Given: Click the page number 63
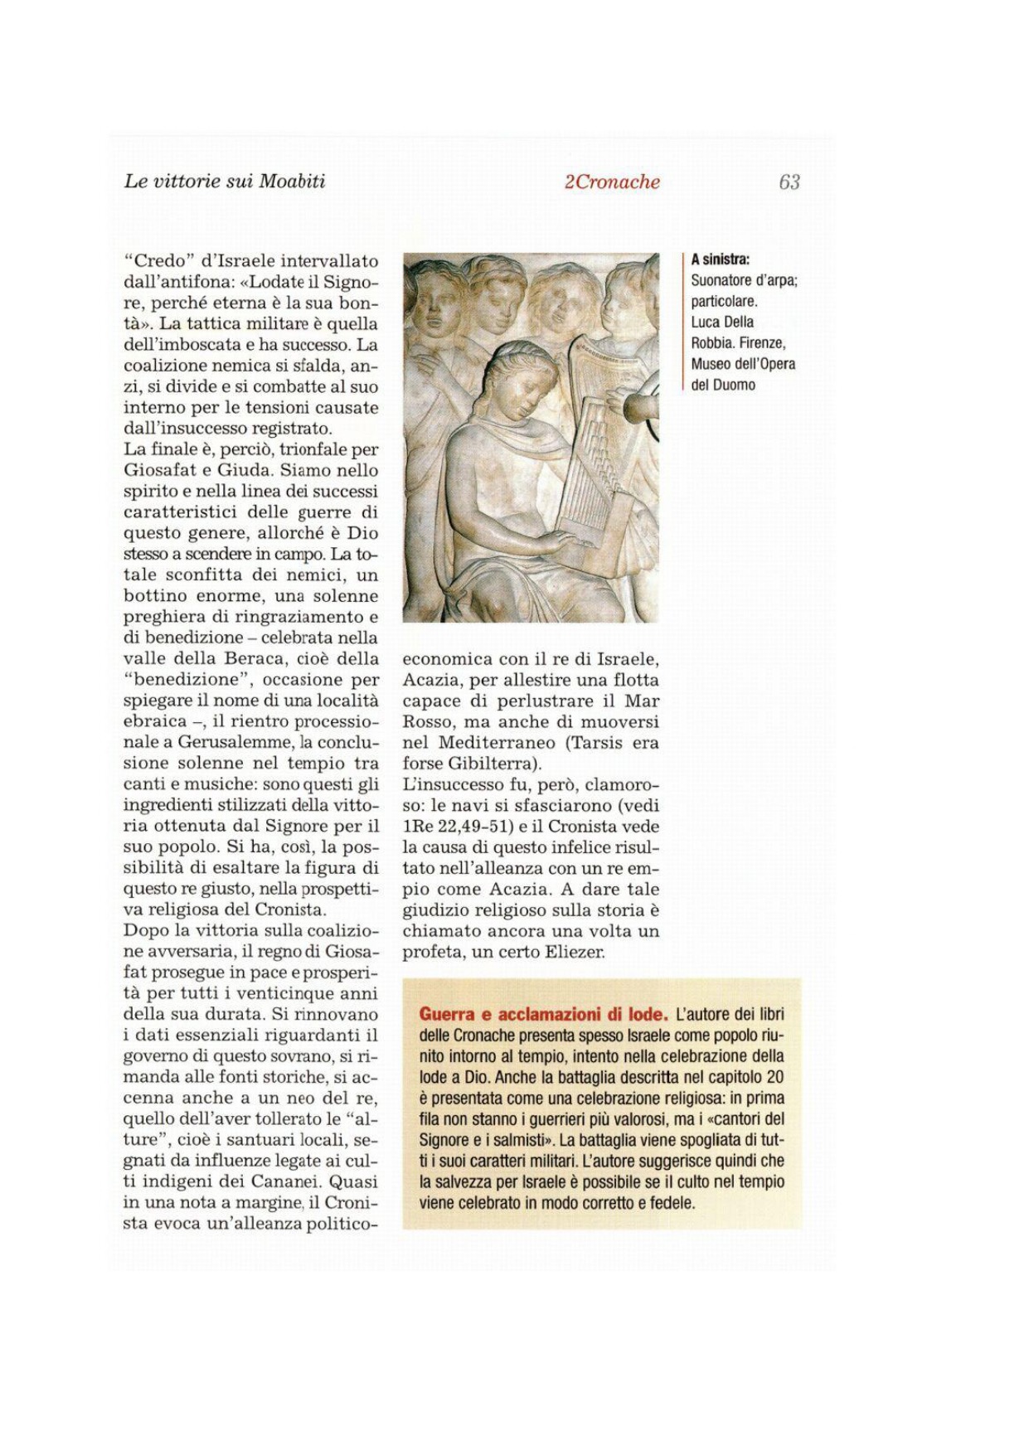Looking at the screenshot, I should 789,182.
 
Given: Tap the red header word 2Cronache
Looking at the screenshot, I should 612,182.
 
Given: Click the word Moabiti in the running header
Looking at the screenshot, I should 292,182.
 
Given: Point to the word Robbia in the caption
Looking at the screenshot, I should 711,342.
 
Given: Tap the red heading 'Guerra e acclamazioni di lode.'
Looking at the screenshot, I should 543,1014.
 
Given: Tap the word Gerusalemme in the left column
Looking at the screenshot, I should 236,742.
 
